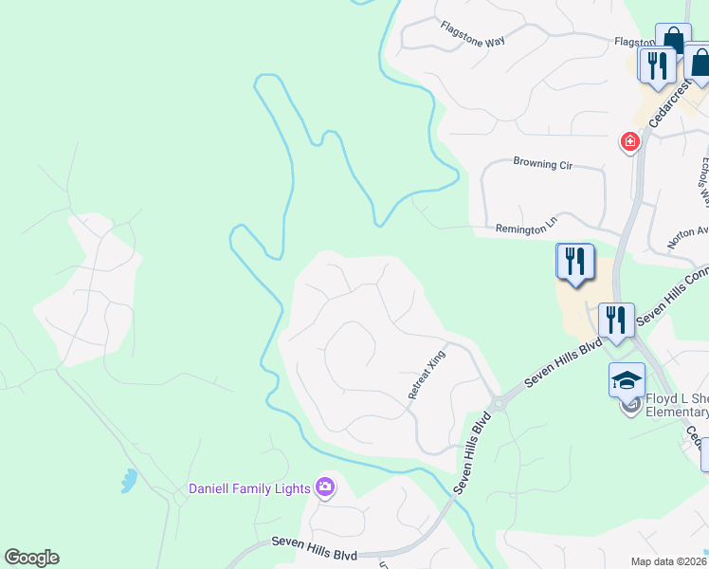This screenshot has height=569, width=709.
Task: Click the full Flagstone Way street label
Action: click(473, 34)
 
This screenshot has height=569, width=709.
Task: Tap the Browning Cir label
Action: click(543, 164)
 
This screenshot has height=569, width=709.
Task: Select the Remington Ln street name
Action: click(521, 229)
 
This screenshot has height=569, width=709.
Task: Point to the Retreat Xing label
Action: click(426, 374)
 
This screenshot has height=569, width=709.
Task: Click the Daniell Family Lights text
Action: click(249, 488)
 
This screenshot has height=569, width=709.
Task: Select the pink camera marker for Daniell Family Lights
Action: click(325, 487)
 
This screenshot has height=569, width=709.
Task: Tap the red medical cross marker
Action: click(628, 142)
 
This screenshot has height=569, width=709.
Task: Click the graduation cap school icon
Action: click(627, 379)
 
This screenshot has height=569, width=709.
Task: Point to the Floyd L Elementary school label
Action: click(676, 405)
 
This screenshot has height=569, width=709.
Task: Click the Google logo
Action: click(31, 558)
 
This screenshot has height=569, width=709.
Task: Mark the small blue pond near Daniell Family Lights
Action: click(128, 482)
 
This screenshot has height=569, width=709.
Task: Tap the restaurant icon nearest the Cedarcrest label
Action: click(655, 64)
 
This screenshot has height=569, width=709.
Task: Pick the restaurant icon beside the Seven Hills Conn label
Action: click(616, 320)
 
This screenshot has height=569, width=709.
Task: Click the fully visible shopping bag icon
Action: click(673, 40)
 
